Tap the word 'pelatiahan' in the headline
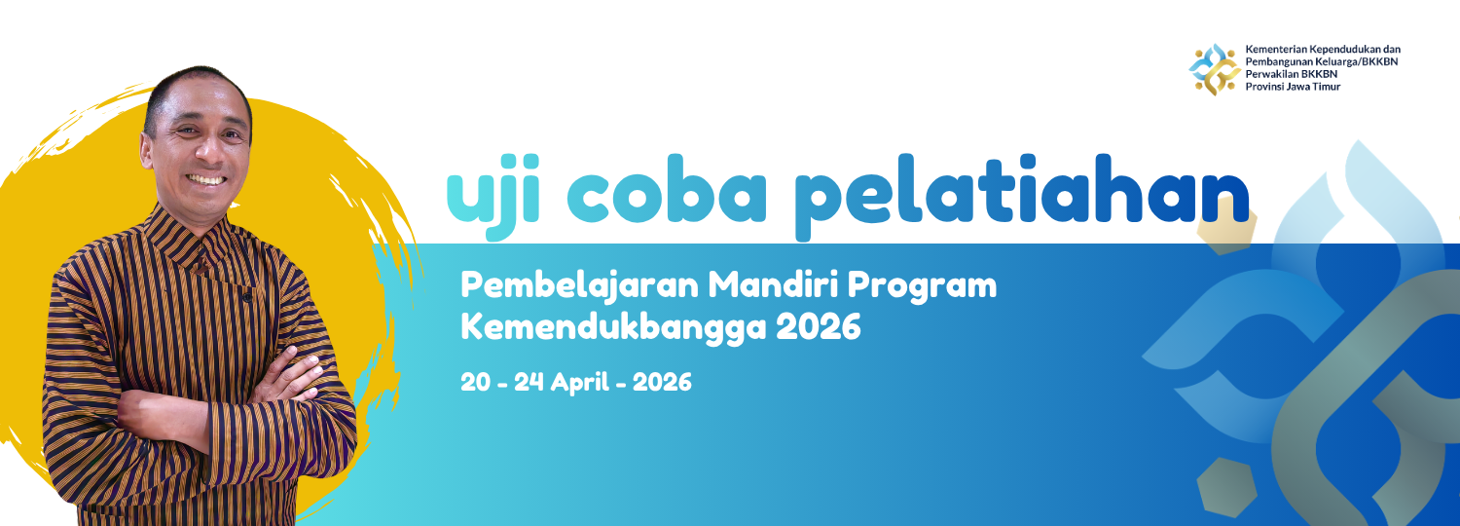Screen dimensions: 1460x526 1022,197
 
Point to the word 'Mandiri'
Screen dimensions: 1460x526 772,284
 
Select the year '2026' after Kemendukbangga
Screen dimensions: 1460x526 819,327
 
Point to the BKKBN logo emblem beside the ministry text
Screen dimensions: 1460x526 1215,69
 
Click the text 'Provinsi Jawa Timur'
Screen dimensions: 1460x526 1294,87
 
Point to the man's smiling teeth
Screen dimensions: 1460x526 206,179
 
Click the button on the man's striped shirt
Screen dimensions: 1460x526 247,298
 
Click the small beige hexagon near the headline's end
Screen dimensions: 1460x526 1223,225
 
